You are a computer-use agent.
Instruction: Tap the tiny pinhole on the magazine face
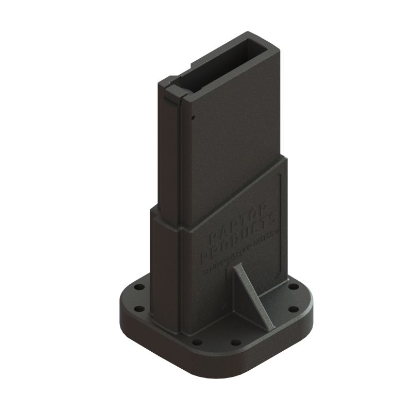point(193,118)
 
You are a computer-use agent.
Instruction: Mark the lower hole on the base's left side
point(139,310)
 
